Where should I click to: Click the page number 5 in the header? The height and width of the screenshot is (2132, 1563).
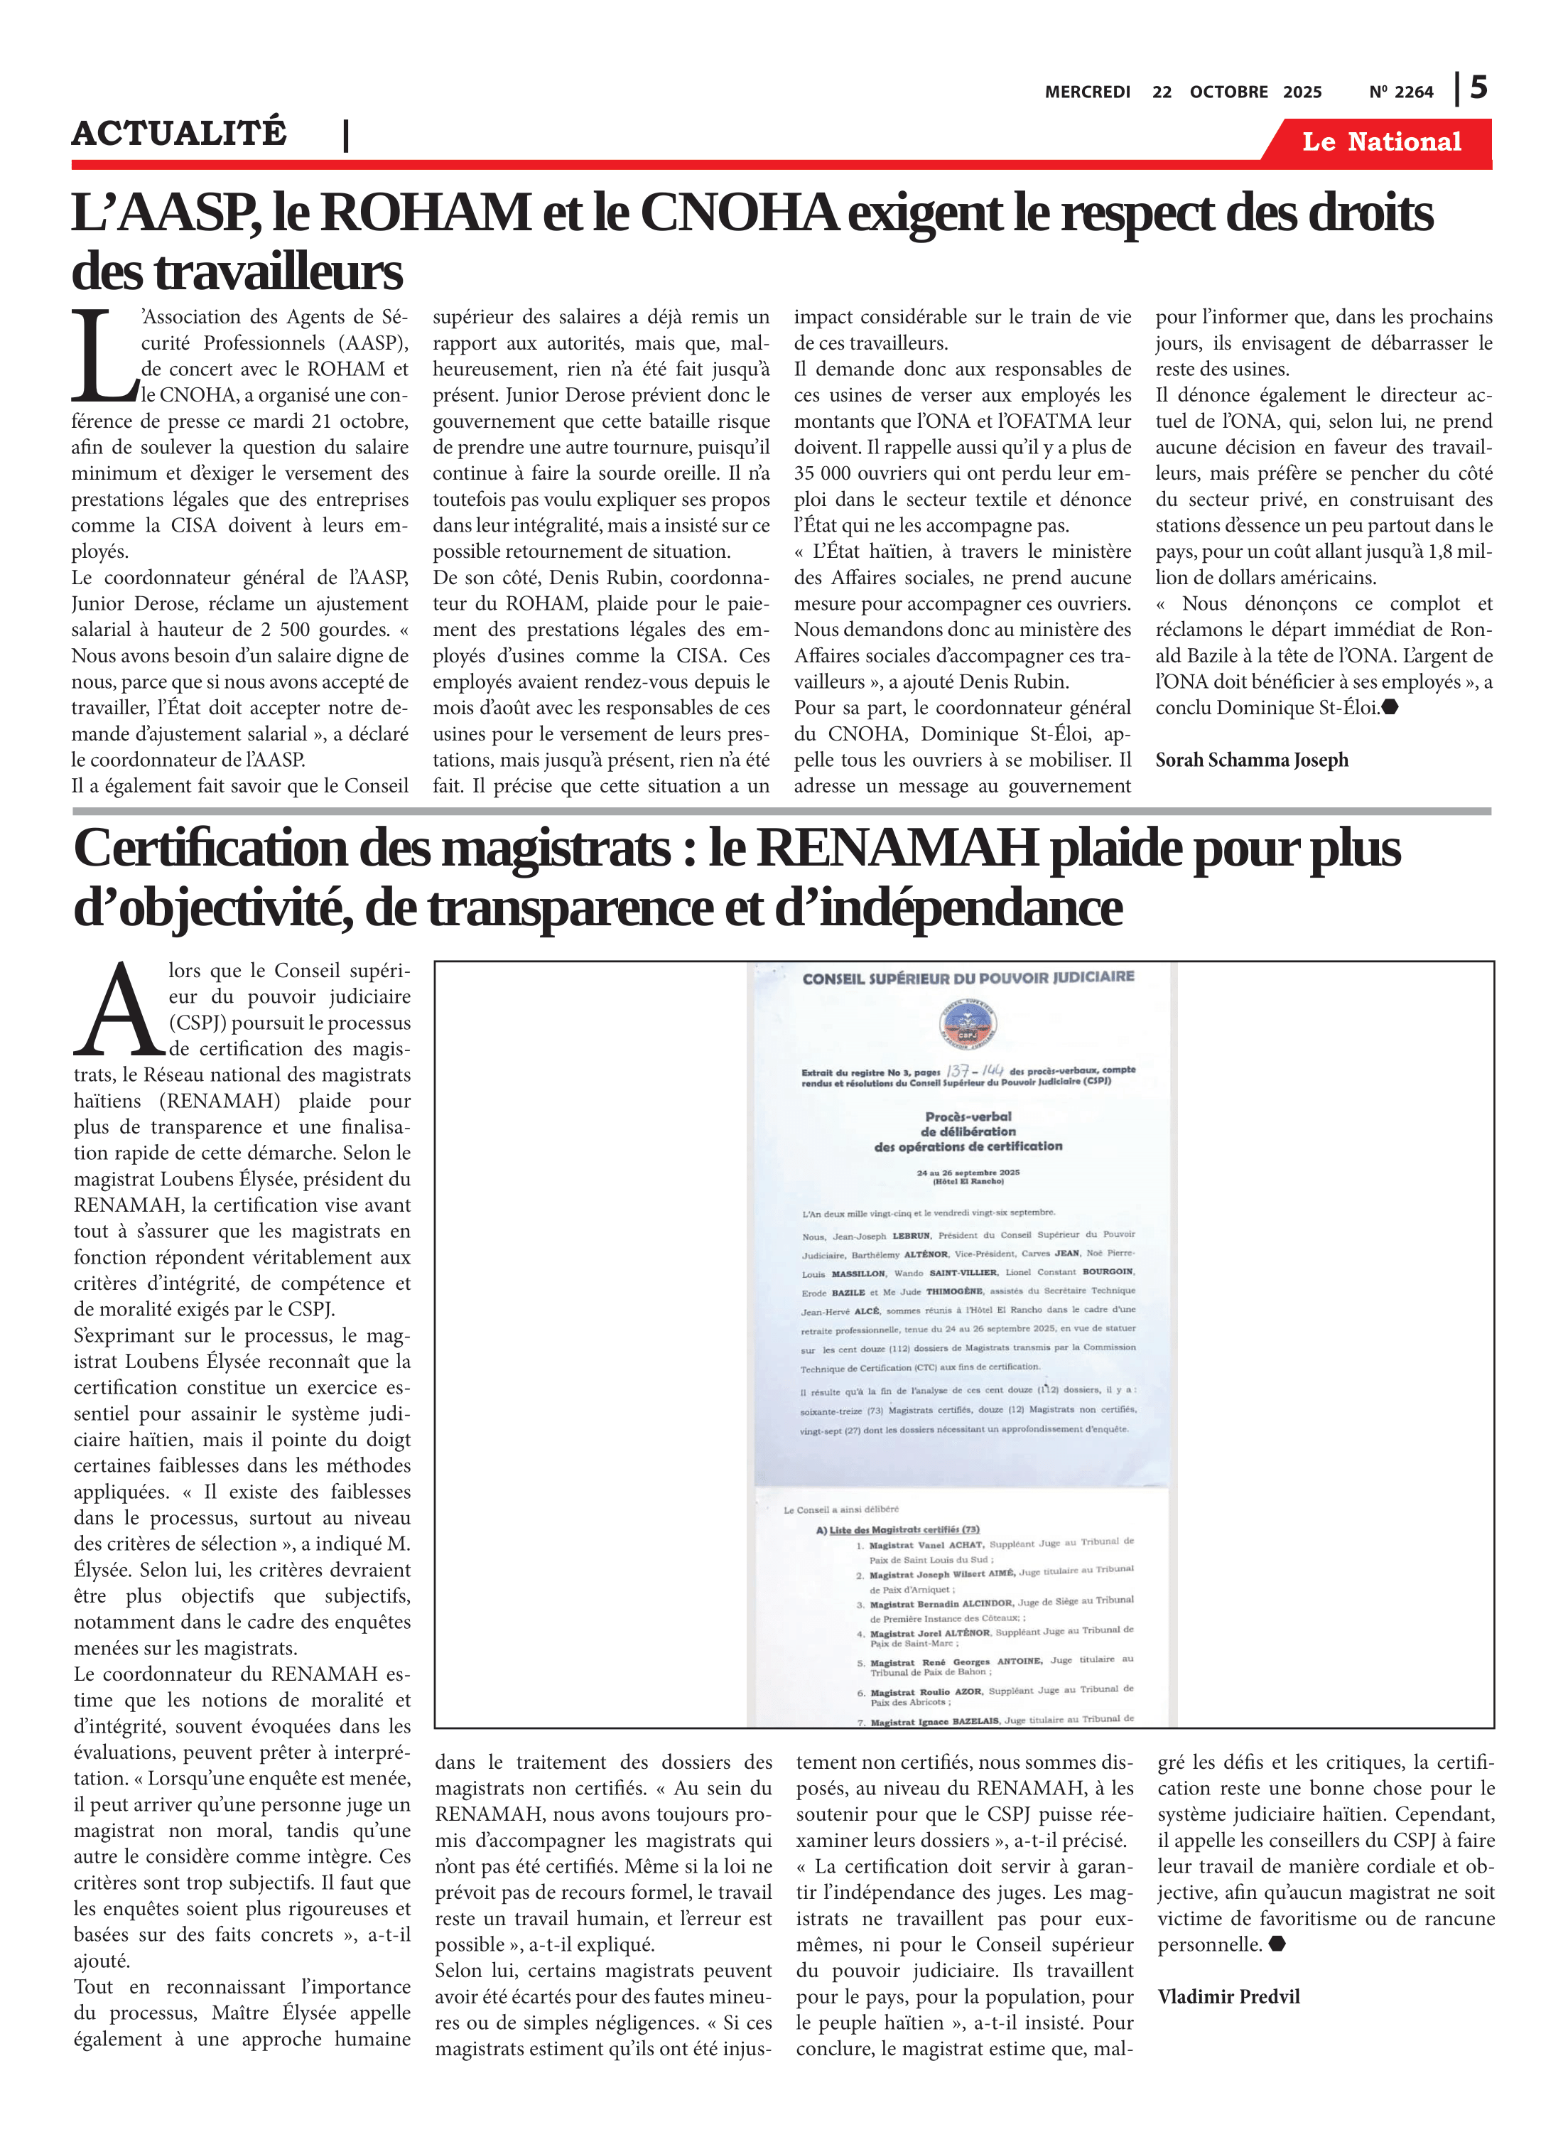tap(1478, 88)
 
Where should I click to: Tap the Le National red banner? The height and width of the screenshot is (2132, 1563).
tap(1380, 142)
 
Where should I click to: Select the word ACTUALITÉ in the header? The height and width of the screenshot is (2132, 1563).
tap(179, 134)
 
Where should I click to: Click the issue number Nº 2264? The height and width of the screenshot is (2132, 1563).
tap(1400, 92)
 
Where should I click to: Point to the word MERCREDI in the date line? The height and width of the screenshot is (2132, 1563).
tap(1087, 92)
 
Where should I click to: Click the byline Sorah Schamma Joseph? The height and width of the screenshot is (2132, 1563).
tap(1251, 760)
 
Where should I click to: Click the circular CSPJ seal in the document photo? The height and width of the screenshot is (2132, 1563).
tap(967, 1025)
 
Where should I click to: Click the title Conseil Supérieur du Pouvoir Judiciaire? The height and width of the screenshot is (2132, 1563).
tap(967, 977)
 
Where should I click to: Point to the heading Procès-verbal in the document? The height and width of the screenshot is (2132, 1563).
tap(968, 1116)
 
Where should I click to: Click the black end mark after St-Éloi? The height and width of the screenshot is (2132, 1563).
tap(1389, 707)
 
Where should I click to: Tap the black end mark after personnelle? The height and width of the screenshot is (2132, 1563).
tap(1276, 1944)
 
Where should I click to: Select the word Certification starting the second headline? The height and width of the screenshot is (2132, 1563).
tap(211, 848)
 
